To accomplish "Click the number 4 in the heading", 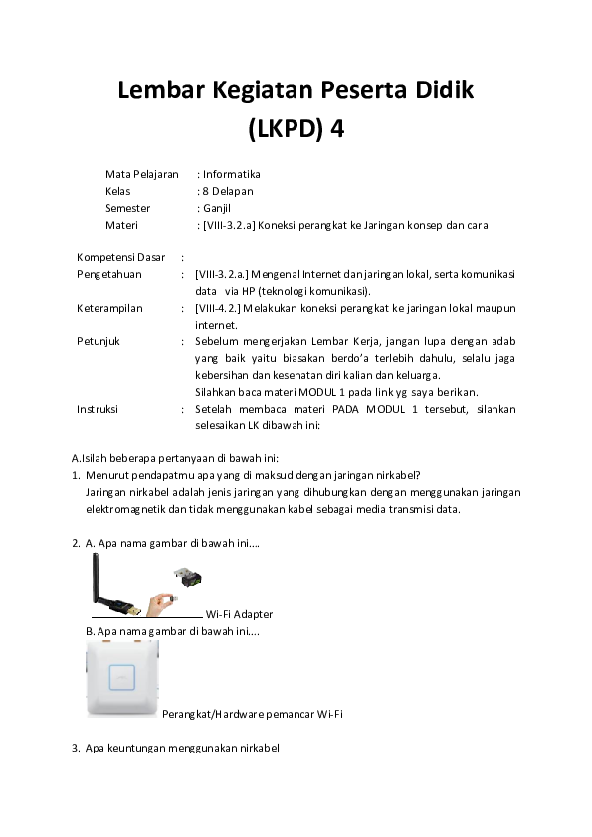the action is coord(337,130).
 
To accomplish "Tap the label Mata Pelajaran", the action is coord(141,174).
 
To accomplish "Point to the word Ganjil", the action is coord(217,208).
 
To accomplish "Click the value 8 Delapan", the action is coord(227,191).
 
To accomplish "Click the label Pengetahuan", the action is coord(109,274).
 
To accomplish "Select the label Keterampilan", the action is coord(109,308).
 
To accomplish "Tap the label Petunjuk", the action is coord(99,341).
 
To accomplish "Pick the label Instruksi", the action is coord(100,409).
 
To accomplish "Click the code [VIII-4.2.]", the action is coord(222,308).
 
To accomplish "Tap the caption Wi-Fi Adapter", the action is coord(239,614).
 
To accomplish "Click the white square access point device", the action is coord(121,679).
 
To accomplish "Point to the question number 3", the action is coord(76,747).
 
